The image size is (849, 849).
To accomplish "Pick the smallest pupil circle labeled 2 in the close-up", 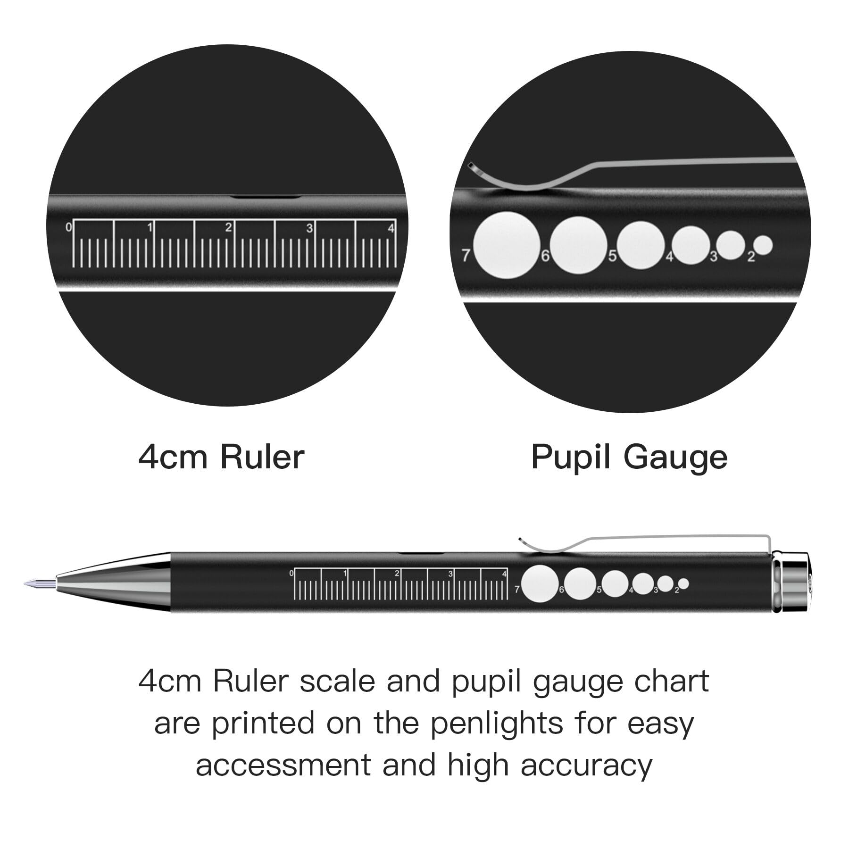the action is click(763, 245).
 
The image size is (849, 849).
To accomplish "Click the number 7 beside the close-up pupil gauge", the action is click(466, 255).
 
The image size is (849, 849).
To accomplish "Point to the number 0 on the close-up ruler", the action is click(68, 227).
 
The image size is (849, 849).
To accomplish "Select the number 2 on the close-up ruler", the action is click(228, 227).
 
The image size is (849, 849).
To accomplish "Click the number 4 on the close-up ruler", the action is click(391, 228).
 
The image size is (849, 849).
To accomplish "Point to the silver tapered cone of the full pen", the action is click(113, 583).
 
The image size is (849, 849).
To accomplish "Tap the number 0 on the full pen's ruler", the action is click(291, 573).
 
